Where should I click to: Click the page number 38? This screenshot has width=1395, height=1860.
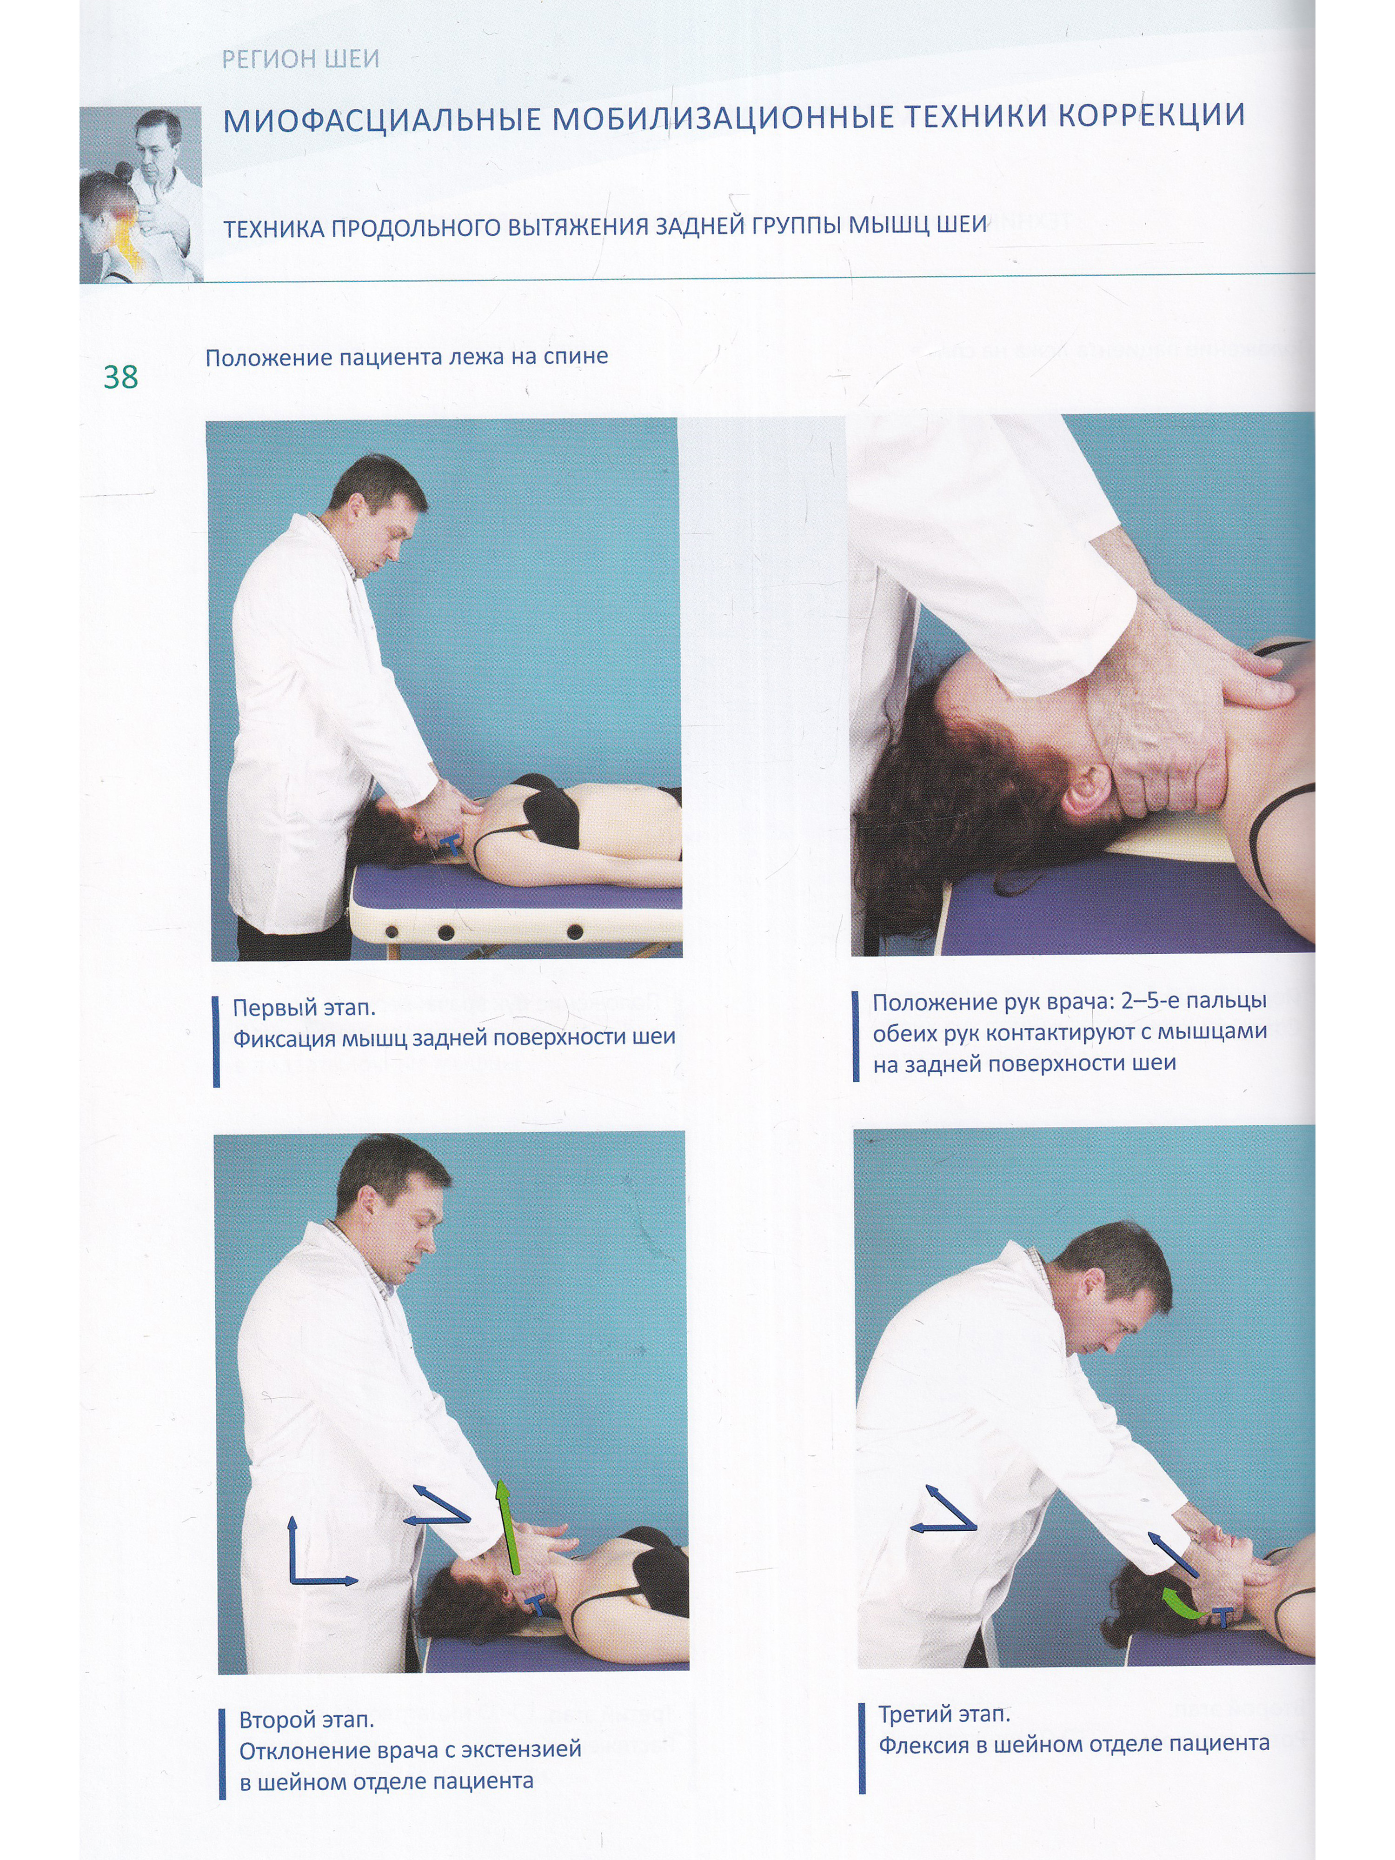[x=120, y=377]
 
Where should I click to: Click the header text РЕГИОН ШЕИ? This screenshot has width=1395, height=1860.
[x=300, y=59]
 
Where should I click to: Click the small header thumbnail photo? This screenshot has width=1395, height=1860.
[x=141, y=194]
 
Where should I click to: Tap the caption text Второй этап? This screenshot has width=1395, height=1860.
[x=307, y=1720]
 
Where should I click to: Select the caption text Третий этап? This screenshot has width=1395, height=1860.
[x=944, y=1714]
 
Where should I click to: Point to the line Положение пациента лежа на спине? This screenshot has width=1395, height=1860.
[x=407, y=358]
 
